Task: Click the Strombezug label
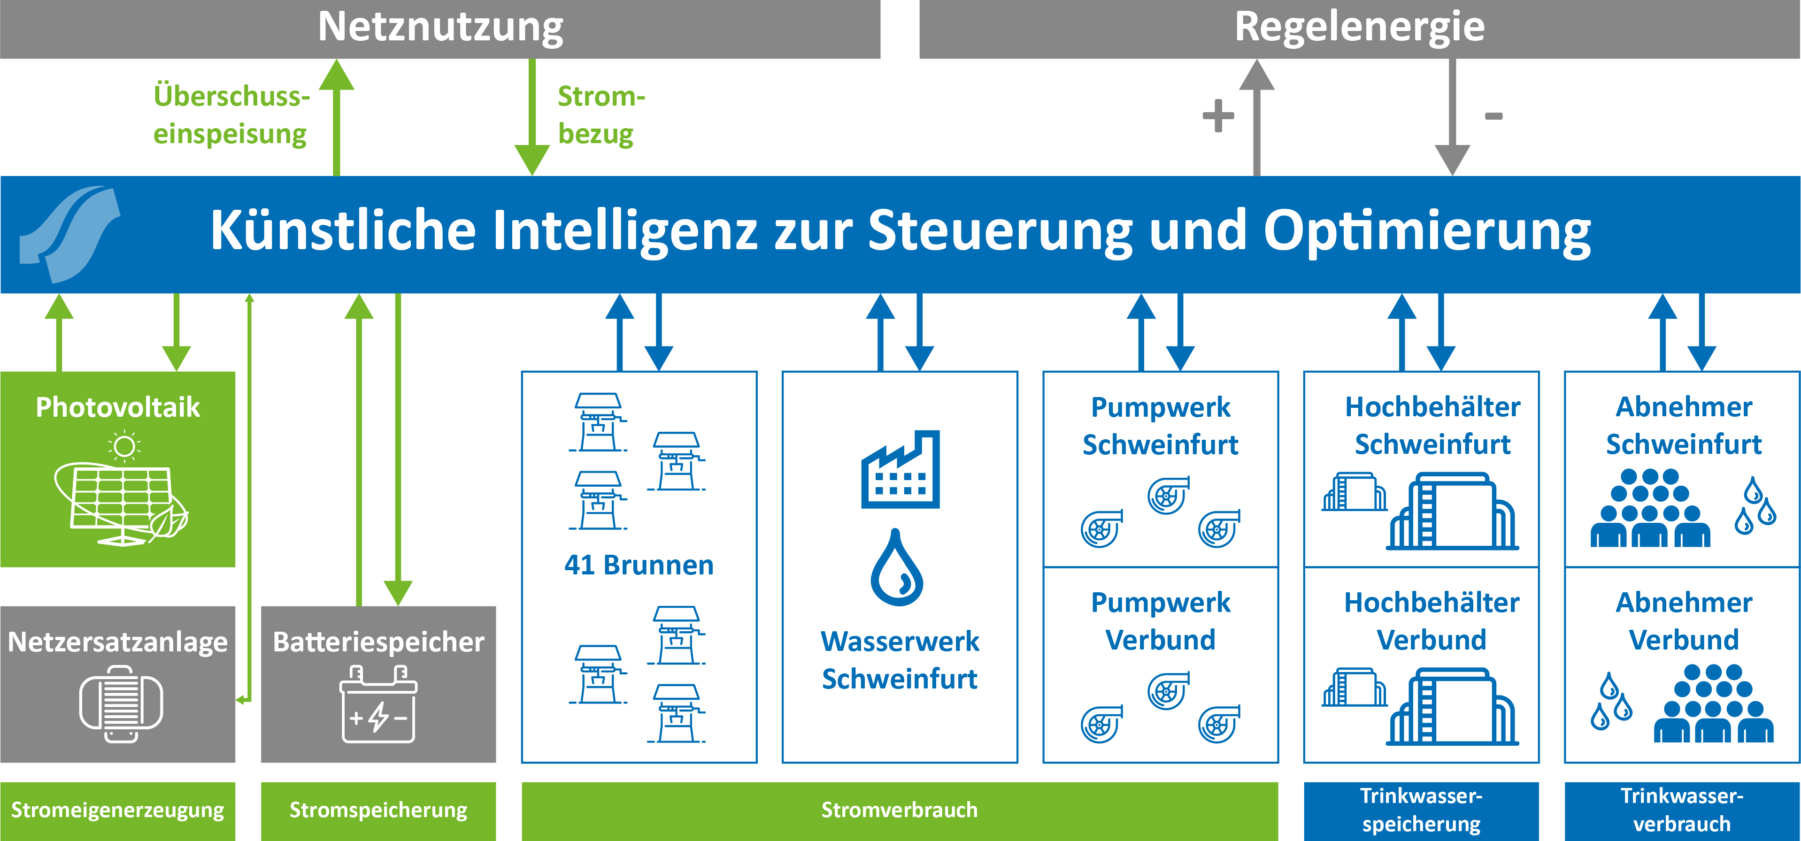coord(600,115)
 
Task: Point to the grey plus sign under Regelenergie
coord(1218,115)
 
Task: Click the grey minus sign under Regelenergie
coord(1493,116)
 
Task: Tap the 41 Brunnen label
coord(639,565)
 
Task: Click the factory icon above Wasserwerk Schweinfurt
coord(900,470)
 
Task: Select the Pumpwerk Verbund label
coord(1161,621)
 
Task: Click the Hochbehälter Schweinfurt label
coord(1432,425)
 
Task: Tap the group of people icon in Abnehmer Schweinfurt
coord(1650,509)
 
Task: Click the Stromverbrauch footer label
coord(899,810)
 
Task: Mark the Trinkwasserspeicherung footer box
coord(1421,810)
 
